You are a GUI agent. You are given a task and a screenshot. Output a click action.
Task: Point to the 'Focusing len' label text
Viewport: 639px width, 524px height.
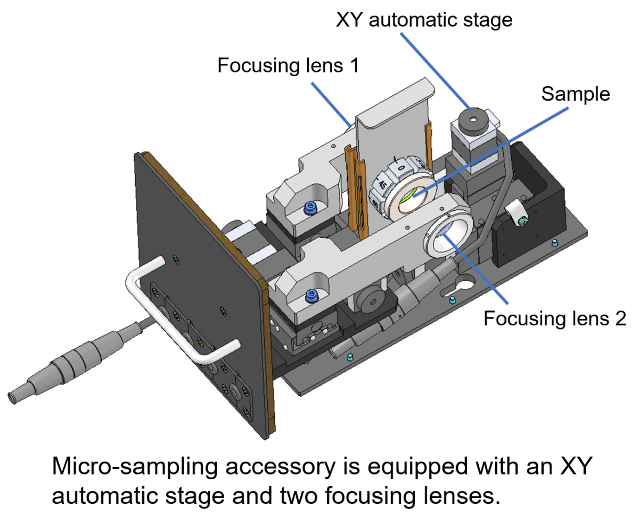538,318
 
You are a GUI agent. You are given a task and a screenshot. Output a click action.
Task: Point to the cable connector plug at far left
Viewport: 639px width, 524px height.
53,367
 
